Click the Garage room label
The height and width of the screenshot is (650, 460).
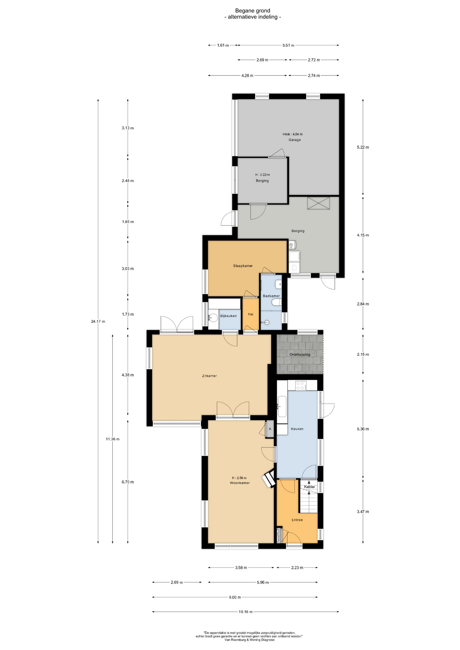click(x=294, y=140)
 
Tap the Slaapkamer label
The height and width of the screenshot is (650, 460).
click(x=243, y=266)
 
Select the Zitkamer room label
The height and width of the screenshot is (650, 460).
click(x=209, y=376)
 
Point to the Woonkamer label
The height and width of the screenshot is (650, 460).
click(x=240, y=483)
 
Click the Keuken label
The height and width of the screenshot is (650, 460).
click(x=297, y=429)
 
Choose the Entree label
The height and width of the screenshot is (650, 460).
click(x=297, y=520)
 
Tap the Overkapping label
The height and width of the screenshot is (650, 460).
click(x=300, y=354)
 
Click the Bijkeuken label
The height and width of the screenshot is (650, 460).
click(x=228, y=316)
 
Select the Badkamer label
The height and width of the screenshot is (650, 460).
click(x=271, y=296)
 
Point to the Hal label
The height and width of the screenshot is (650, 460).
click(x=251, y=314)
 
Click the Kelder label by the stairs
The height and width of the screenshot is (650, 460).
click(x=310, y=487)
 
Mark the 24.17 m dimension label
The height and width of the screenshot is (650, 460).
click(x=98, y=321)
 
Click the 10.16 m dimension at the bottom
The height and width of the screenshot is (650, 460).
click(x=246, y=612)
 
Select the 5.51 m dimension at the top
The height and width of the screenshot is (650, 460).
click(x=288, y=45)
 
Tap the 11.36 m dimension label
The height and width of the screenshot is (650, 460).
click(x=112, y=439)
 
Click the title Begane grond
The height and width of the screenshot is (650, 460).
click(x=253, y=11)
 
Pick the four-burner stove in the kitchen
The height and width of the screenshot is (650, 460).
click(x=301, y=386)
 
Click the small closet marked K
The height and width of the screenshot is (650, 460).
click(x=270, y=429)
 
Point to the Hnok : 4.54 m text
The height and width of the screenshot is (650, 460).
click(x=293, y=134)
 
